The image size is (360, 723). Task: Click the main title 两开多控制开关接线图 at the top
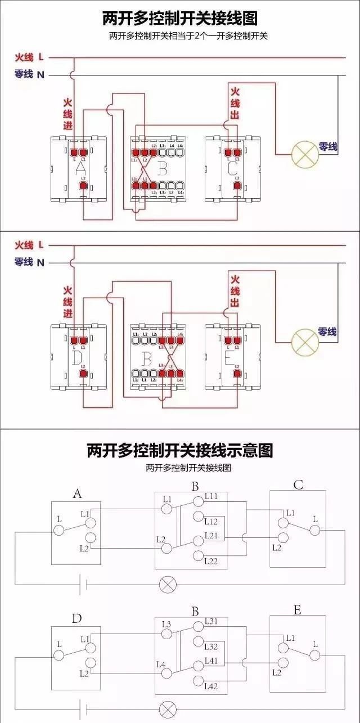pyautogui.click(x=180, y=18)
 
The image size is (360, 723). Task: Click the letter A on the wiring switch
pyautogui.click(x=80, y=168)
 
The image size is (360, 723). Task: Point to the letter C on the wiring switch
pyautogui.click(x=232, y=168)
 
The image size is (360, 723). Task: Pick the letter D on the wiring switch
pyautogui.click(x=78, y=356)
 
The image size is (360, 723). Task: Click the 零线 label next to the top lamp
pyautogui.click(x=327, y=147)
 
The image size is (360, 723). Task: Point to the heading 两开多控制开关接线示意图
pyautogui.click(x=180, y=451)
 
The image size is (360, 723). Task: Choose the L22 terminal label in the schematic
pyautogui.click(x=211, y=561)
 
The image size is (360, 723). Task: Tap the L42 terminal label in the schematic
pyautogui.click(x=211, y=686)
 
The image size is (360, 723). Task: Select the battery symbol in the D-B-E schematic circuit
pyautogui.click(x=84, y=707)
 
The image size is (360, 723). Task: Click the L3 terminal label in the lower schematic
pyautogui.click(x=166, y=624)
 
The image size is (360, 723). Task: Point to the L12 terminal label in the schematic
pyautogui.click(x=211, y=522)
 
